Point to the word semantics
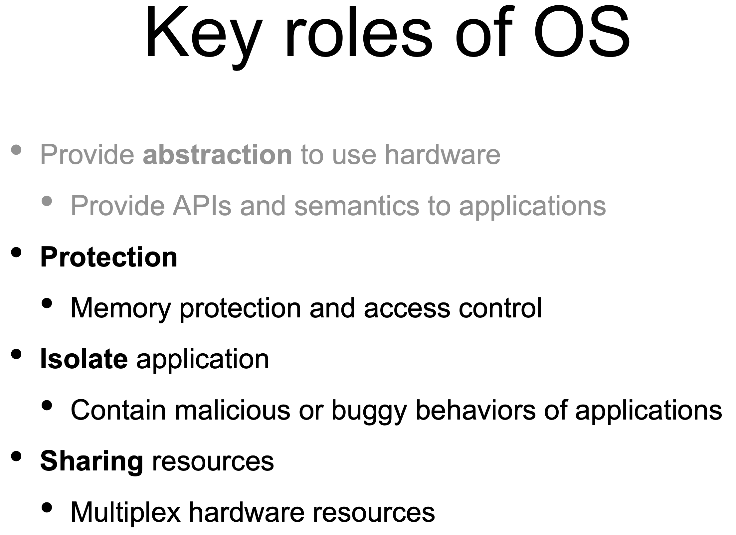(357, 206)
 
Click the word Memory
(121, 309)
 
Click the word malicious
(232, 410)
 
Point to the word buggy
(369, 412)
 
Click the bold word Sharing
(92, 462)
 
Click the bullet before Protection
(16, 252)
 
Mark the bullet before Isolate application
(16, 354)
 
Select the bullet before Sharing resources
(16, 456)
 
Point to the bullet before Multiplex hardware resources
(47, 507)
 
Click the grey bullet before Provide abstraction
(16, 150)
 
